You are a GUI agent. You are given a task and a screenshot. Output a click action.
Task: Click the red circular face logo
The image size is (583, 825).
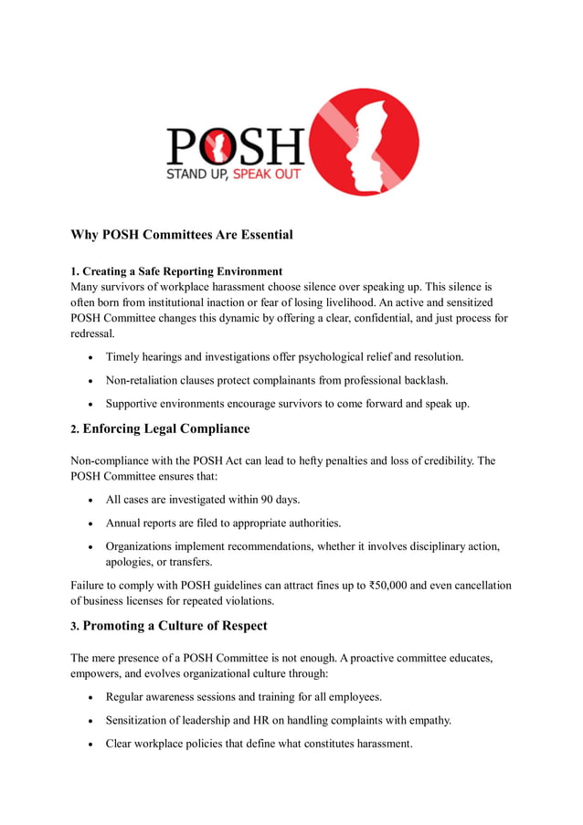pyautogui.click(x=366, y=142)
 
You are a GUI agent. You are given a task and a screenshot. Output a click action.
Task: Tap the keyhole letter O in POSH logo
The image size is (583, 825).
pyautogui.click(x=213, y=146)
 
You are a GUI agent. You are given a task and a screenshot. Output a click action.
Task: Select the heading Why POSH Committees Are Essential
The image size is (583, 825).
pyautogui.click(x=182, y=235)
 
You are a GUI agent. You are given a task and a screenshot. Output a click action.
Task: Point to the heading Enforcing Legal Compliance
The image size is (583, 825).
pyautogui.click(x=165, y=428)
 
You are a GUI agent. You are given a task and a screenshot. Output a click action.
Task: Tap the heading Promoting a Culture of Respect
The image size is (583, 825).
pyautogui.click(x=175, y=626)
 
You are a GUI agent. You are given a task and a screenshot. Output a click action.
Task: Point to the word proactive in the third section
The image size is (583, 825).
pyautogui.click(x=382, y=658)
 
